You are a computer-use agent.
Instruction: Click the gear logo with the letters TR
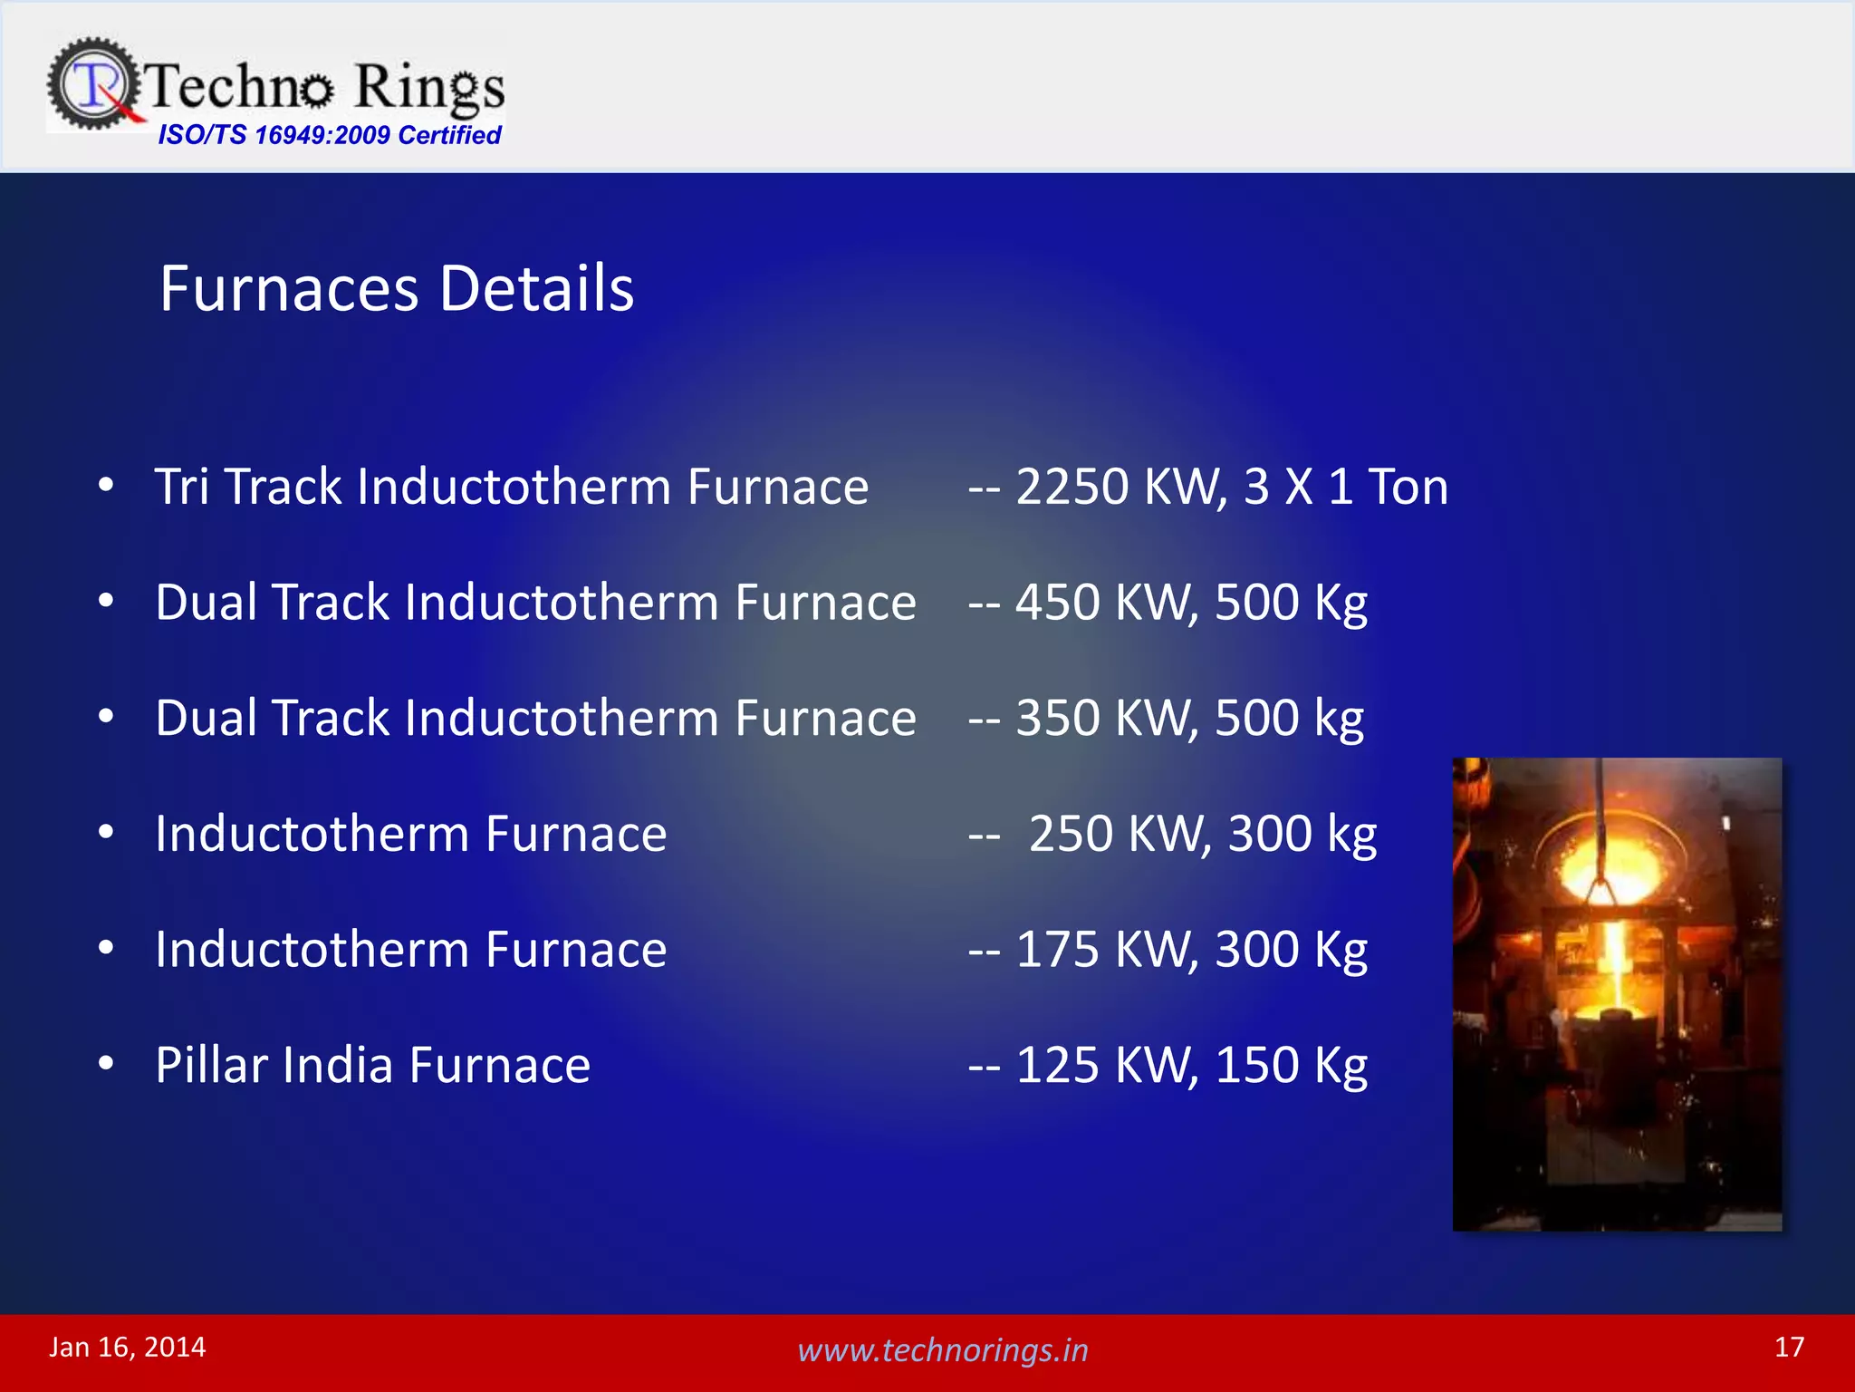click(93, 84)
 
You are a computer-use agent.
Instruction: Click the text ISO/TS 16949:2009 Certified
click(329, 135)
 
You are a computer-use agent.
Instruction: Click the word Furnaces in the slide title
click(289, 288)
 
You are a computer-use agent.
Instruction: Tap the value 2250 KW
click(1120, 487)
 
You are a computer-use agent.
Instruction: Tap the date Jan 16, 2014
click(128, 1347)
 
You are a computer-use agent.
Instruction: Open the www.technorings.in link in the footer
click(942, 1350)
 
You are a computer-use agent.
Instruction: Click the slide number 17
click(1789, 1347)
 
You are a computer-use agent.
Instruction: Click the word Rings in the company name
click(428, 88)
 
